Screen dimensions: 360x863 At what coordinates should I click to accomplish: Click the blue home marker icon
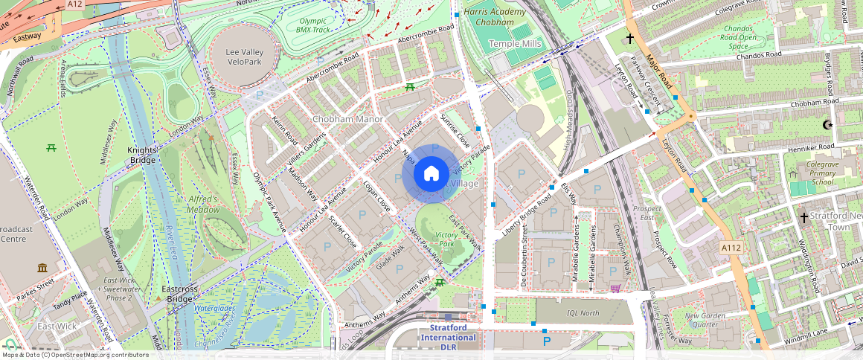(x=431, y=174)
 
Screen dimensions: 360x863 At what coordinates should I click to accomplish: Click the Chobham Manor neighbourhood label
(x=347, y=119)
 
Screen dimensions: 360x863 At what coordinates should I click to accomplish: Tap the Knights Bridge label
(x=142, y=154)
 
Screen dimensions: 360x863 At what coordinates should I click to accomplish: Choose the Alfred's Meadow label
(x=202, y=205)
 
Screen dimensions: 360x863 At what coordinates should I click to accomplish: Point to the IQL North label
(x=583, y=313)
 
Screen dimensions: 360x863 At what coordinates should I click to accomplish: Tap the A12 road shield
(x=74, y=4)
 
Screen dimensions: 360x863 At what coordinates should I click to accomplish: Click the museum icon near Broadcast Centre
(x=42, y=267)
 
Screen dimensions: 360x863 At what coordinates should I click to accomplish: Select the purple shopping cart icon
(x=615, y=289)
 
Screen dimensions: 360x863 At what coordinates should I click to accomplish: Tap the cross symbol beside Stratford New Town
(x=803, y=216)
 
